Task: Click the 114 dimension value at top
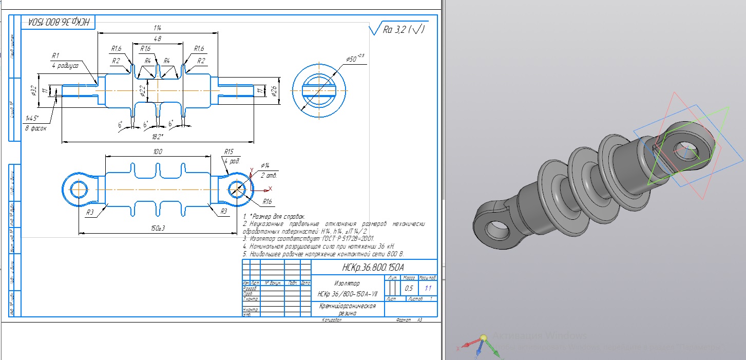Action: click(x=157, y=27)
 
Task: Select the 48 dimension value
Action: click(x=157, y=39)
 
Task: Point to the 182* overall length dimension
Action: click(x=158, y=137)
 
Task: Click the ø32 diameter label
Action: click(x=32, y=90)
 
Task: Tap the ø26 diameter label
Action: click(x=274, y=91)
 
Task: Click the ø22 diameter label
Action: click(x=142, y=91)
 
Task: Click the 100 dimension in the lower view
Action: click(x=158, y=153)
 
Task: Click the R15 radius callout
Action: click(x=228, y=152)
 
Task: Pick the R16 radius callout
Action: click(x=267, y=201)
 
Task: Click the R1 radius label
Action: click(x=56, y=55)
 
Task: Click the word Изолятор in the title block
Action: click(x=347, y=283)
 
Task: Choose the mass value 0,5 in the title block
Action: click(x=410, y=289)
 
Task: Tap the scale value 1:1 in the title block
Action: click(x=428, y=289)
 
